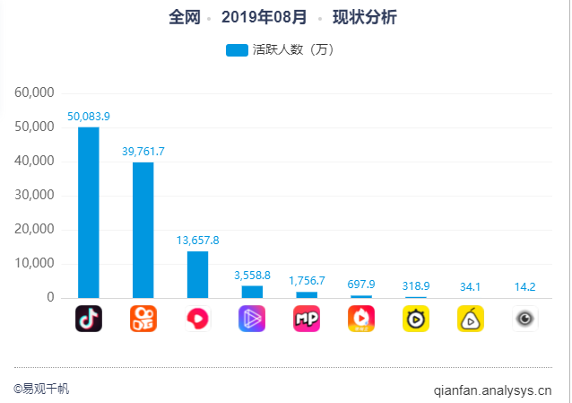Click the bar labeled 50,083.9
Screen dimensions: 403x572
(x=89, y=212)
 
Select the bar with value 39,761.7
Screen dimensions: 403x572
(x=143, y=229)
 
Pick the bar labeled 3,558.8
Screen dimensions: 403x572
(x=252, y=291)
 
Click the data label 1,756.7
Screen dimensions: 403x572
(x=307, y=281)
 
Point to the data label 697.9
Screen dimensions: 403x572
(x=361, y=285)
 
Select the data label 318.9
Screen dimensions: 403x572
(x=416, y=285)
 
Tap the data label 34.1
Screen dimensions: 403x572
(x=471, y=287)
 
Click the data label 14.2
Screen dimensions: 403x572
(x=525, y=287)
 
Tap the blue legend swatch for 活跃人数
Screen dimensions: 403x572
(x=237, y=50)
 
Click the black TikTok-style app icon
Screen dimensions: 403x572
(x=89, y=319)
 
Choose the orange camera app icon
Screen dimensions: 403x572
(x=143, y=319)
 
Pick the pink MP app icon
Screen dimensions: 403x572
(x=307, y=319)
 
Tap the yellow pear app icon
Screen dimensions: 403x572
(x=471, y=319)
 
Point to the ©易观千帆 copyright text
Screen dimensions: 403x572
(x=41, y=389)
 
